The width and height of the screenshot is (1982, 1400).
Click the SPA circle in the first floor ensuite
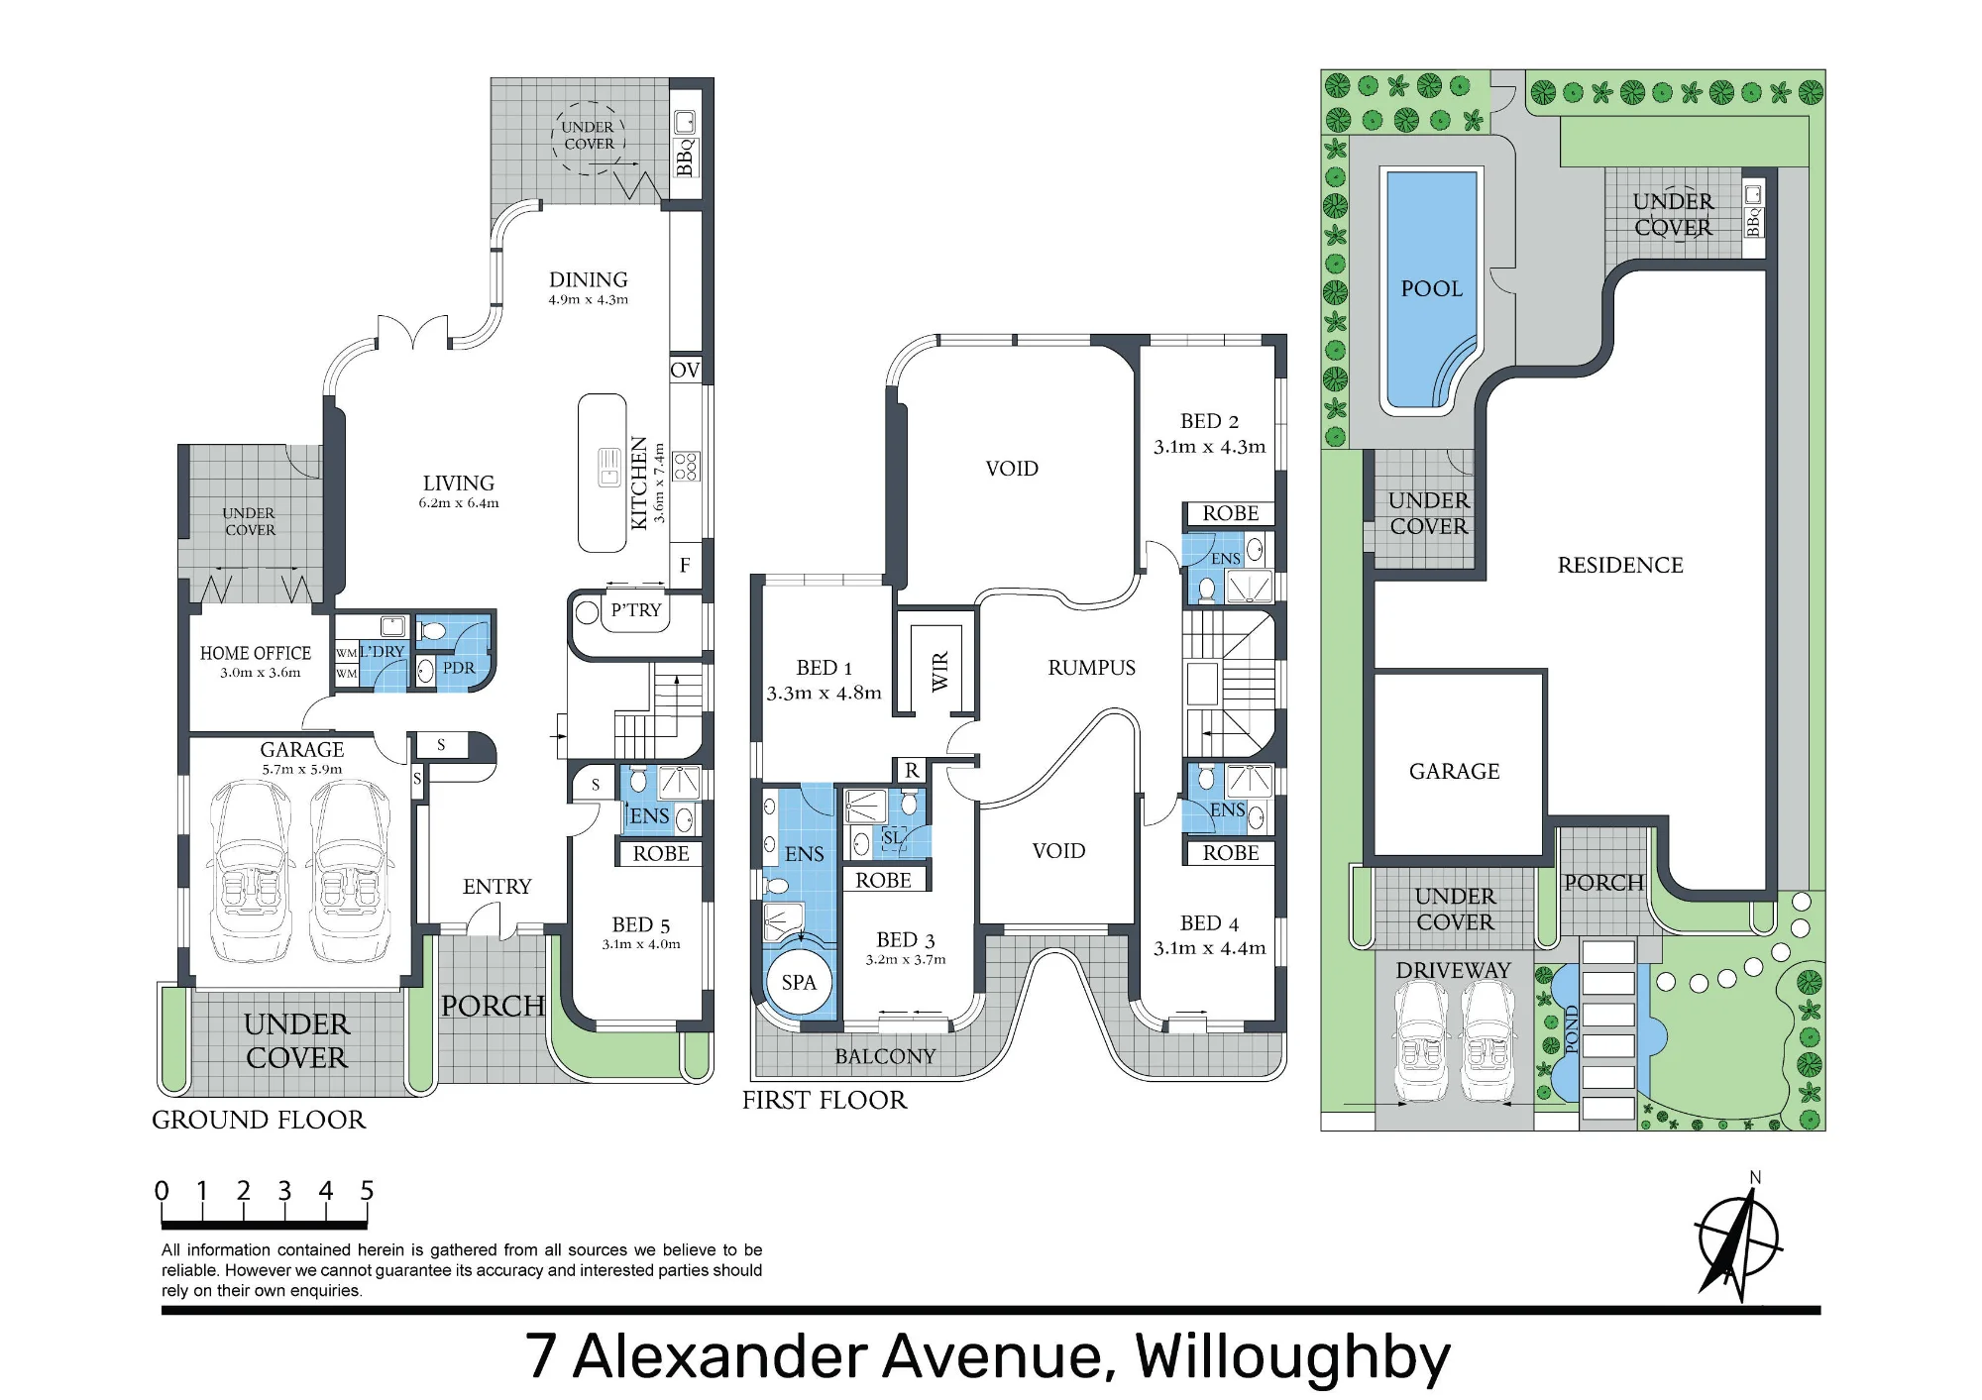coord(799,982)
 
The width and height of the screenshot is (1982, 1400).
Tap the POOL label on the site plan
coord(1431,288)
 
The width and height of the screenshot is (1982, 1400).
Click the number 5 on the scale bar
coord(367,1190)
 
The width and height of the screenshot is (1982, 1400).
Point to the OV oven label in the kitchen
coord(685,370)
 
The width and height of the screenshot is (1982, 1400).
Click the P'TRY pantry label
coord(635,609)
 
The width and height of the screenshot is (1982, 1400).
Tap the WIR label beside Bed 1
coord(939,671)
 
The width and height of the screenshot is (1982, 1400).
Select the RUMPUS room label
coord(1091,668)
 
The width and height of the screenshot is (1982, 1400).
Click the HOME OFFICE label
coord(256,653)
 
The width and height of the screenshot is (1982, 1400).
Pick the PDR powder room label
coord(459,668)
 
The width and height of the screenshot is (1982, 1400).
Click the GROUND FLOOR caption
coord(259,1120)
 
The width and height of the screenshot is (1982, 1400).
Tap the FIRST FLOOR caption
coord(825,1100)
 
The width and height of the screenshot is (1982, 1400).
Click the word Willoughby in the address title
coord(1292,1357)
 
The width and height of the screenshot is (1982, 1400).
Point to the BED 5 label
coord(641,924)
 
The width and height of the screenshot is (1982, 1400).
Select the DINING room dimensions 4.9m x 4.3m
coord(589,299)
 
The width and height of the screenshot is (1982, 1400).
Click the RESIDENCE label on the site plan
coord(1620,565)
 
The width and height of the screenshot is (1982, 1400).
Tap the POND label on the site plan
coord(1570,1029)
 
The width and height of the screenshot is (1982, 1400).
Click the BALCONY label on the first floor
coord(885,1056)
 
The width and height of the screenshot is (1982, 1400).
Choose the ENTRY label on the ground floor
coord(496,887)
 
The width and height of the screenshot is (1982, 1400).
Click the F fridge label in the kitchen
coord(685,565)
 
